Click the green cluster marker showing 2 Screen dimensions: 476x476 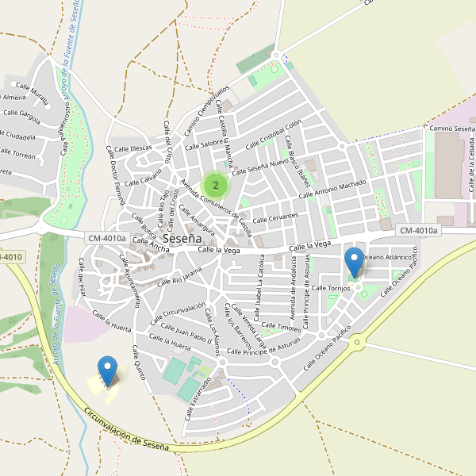pyautogui.click(x=216, y=185)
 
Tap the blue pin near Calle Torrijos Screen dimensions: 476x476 pyautogui.click(x=355, y=262)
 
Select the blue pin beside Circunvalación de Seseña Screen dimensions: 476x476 pyautogui.click(x=108, y=371)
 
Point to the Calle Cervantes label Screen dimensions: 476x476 pyautogui.click(x=275, y=217)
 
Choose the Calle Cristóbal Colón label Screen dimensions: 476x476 pyautogui.click(x=274, y=135)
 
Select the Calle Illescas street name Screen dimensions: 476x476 pyautogui.click(x=132, y=148)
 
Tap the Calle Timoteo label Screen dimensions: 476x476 pyautogui.click(x=282, y=327)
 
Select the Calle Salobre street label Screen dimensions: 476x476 pyautogui.click(x=203, y=144)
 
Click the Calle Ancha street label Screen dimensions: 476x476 pyautogui.click(x=151, y=247)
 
